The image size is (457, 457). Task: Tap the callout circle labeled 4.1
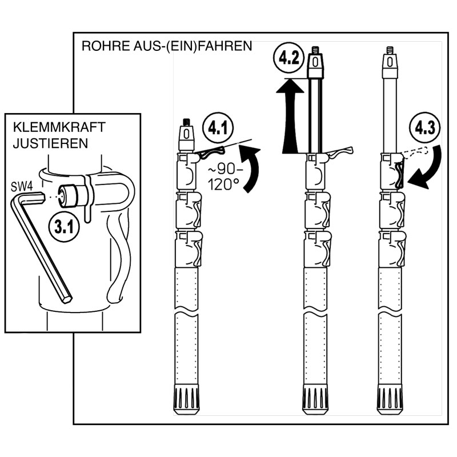pyautogui.click(x=218, y=129)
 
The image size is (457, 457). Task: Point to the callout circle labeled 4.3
pyautogui.click(x=426, y=127)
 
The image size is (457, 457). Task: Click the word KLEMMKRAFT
pyautogui.click(x=51, y=127)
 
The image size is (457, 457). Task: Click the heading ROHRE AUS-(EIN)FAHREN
pyautogui.click(x=167, y=46)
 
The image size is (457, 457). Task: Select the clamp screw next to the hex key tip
pyautogui.click(x=72, y=195)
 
